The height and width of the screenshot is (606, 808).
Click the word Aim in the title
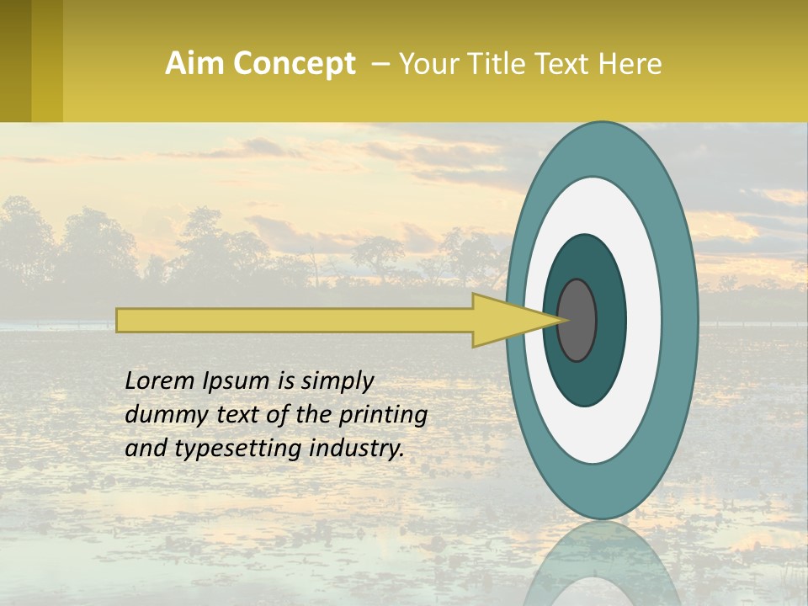[x=195, y=64]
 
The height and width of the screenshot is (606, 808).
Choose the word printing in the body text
[x=382, y=416]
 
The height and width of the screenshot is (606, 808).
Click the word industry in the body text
[x=354, y=449]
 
